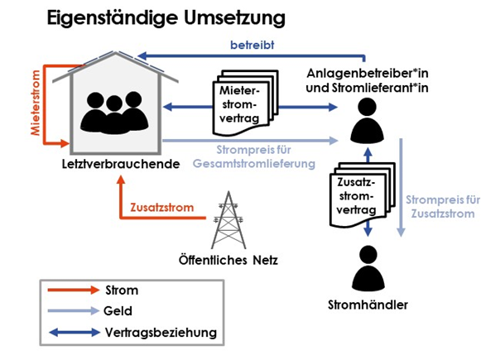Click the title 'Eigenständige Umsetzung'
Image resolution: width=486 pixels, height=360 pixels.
(166, 18)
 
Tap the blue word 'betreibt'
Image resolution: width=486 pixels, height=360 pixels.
(252, 46)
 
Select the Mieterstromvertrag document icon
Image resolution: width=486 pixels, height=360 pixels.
(245, 103)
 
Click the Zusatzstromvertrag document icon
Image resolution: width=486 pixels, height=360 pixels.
(362, 194)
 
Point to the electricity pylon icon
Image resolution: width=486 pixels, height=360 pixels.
(229, 220)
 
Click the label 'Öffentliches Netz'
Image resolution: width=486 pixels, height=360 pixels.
(229, 260)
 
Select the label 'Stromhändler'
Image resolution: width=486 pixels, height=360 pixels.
(368, 305)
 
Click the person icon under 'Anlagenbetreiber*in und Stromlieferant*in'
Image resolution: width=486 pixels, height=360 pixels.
(368, 120)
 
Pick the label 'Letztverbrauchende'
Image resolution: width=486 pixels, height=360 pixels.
(121, 164)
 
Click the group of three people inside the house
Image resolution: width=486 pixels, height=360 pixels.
(114, 113)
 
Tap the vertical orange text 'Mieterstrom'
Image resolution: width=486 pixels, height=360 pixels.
(36, 103)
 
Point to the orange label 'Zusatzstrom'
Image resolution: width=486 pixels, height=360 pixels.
(161, 207)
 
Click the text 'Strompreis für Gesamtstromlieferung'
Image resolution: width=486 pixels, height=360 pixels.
(254, 156)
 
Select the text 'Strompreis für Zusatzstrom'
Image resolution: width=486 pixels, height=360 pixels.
(443, 207)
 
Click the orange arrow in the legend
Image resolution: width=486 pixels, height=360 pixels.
(74, 290)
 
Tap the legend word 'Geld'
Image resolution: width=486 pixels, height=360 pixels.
(118, 310)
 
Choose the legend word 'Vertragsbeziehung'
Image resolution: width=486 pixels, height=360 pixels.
(161, 333)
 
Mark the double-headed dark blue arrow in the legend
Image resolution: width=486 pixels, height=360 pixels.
(75, 333)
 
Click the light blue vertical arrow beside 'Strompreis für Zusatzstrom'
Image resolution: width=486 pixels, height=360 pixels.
(401, 188)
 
